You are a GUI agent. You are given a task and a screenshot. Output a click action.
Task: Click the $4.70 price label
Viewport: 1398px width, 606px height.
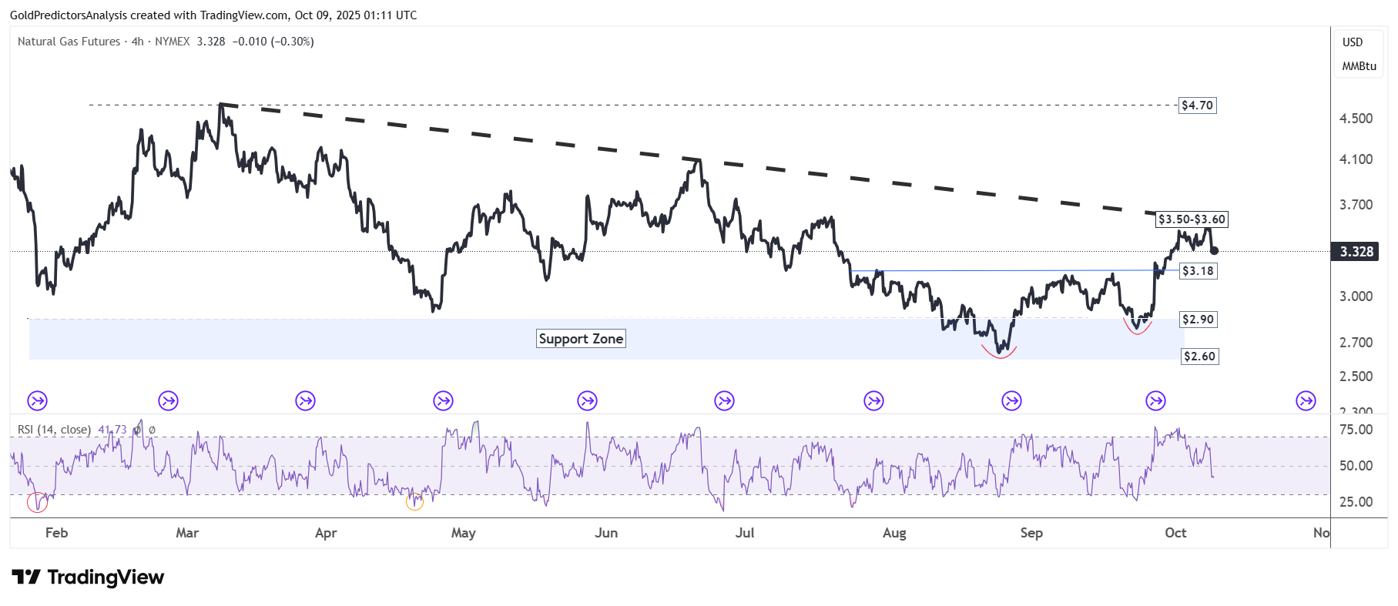point(1197,105)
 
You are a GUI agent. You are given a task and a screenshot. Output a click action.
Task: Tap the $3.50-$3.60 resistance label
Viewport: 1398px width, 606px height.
point(1192,219)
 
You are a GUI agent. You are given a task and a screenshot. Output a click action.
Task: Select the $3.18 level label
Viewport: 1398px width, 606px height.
point(1198,271)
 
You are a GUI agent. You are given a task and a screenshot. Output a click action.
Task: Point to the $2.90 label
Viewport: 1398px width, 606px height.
point(1198,320)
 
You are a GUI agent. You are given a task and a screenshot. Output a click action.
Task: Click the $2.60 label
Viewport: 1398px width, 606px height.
point(1199,357)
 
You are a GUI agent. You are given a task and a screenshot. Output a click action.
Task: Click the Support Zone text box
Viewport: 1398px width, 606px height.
point(581,339)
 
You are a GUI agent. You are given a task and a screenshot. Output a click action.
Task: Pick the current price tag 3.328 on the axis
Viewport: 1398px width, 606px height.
point(1356,252)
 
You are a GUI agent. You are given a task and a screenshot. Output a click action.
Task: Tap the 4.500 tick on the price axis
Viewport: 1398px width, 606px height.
point(1356,119)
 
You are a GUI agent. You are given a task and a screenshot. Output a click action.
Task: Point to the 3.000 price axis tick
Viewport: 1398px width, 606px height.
point(1356,296)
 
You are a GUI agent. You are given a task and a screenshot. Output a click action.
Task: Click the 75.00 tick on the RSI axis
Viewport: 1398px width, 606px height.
point(1356,430)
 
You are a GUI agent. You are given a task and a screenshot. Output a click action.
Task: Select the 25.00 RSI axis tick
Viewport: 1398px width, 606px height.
point(1356,502)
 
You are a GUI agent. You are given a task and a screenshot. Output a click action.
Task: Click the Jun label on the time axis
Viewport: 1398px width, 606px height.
point(606,533)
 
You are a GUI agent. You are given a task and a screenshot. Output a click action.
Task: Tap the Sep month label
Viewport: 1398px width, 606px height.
point(1031,533)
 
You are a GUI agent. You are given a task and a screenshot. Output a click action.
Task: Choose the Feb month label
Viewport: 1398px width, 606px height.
point(56,533)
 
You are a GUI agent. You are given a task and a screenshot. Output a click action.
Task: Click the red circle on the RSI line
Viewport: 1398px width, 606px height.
point(37,503)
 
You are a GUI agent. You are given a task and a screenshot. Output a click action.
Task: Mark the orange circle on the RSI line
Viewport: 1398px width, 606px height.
point(414,501)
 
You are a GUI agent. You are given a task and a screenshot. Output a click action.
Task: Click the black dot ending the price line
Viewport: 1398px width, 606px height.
point(1215,250)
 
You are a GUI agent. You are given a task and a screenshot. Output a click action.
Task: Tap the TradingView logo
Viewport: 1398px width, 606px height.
point(88,578)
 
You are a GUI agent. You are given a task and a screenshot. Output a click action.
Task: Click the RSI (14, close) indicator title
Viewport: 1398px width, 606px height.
point(54,430)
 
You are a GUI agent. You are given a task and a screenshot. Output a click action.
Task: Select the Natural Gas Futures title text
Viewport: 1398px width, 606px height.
point(69,42)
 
